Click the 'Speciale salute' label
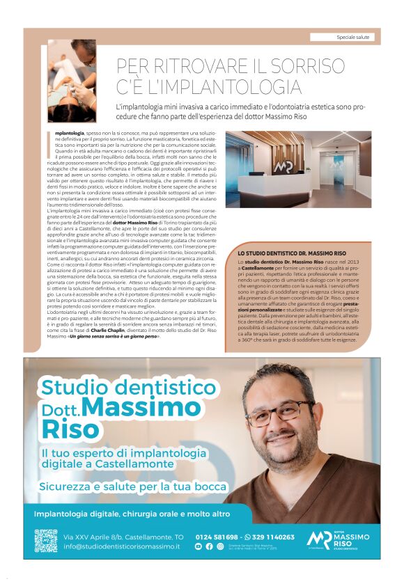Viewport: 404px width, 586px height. tap(353, 36)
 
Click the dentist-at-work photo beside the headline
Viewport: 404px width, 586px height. tap(72, 81)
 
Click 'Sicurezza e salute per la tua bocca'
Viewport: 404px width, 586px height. tap(132, 486)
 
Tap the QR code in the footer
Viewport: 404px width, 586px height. tap(45, 541)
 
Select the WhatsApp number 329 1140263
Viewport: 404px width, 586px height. tap(274, 537)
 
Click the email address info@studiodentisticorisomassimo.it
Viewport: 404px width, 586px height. tap(122, 546)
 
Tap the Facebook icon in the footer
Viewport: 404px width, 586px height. tap(209, 546)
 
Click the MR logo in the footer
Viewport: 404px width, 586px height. tap(319, 539)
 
